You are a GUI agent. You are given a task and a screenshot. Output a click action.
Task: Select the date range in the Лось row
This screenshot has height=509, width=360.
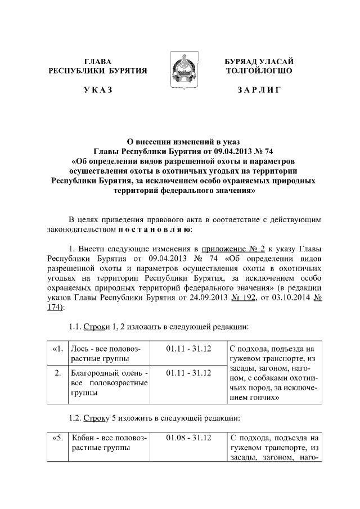coord(188,349)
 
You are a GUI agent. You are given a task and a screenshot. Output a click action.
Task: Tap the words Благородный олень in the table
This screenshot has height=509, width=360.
coord(106,373)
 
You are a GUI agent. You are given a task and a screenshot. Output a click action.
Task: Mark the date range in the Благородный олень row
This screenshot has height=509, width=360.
coord(188,373)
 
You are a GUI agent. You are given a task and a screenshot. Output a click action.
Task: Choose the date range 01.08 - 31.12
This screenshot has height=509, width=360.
coord(188,438)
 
